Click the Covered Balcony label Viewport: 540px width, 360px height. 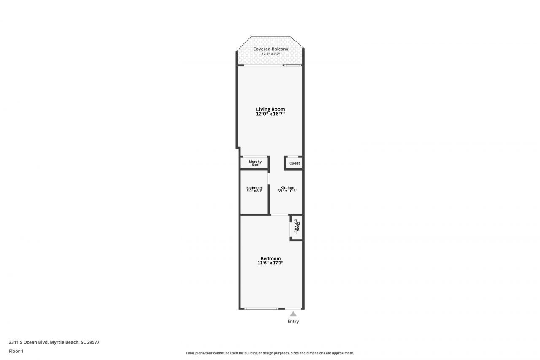(270, 49)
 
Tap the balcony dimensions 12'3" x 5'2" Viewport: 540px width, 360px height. (270, 54)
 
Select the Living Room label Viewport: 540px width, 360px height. (270, 109)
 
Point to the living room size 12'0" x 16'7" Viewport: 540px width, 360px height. (270, 114)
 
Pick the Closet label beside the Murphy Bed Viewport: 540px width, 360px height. (294, 163)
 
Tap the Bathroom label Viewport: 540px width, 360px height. (254, 188)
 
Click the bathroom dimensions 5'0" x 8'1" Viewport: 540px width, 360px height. (254, 191)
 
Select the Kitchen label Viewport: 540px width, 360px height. (287, 188)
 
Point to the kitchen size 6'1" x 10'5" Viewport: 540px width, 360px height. (287, 191)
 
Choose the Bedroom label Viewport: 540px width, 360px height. (270, 259)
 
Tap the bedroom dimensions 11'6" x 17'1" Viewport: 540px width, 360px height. (270, 263)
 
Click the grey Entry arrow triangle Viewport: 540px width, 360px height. (293, 314)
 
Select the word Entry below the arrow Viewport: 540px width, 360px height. (293, 322)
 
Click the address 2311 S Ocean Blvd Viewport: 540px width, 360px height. (54, 342)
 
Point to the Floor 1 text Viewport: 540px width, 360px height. (16, 351)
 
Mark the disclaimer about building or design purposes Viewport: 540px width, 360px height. (270, 353)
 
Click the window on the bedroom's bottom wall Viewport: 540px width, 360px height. (261, 309)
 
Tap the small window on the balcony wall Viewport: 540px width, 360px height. (292, 65)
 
